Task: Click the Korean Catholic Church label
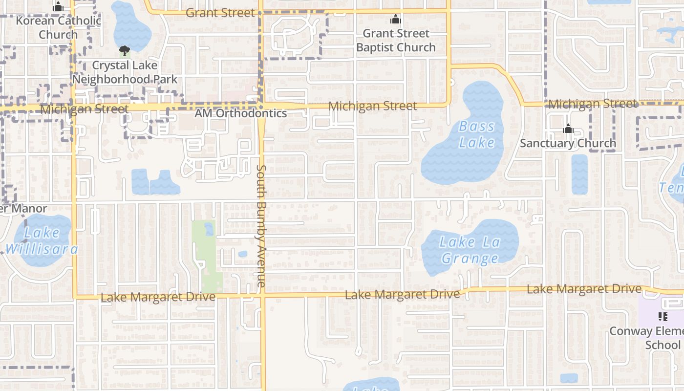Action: click(58, 28)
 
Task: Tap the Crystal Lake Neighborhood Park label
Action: click(125, 72)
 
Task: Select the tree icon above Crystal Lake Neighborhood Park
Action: click(125, 50)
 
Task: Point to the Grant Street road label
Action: click(221, 13)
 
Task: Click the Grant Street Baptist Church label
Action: click(396, 41)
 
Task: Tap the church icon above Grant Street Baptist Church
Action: click(395, 20)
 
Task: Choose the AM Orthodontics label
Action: click(240, 113)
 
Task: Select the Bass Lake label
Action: click(476, 134)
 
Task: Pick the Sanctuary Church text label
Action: click(568, 143)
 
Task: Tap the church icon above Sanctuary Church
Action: click(568, 129)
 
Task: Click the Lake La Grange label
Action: click(469, 250)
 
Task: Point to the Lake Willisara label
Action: click(42, 241)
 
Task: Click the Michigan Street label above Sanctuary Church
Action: click(593, 104)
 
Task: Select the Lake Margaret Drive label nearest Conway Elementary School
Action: click(584, 289)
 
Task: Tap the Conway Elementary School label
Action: click(650, 338)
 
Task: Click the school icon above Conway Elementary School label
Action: click(663, 317)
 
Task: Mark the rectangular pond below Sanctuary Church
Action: click(579, 174)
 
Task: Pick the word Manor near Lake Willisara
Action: click(29, 209)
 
